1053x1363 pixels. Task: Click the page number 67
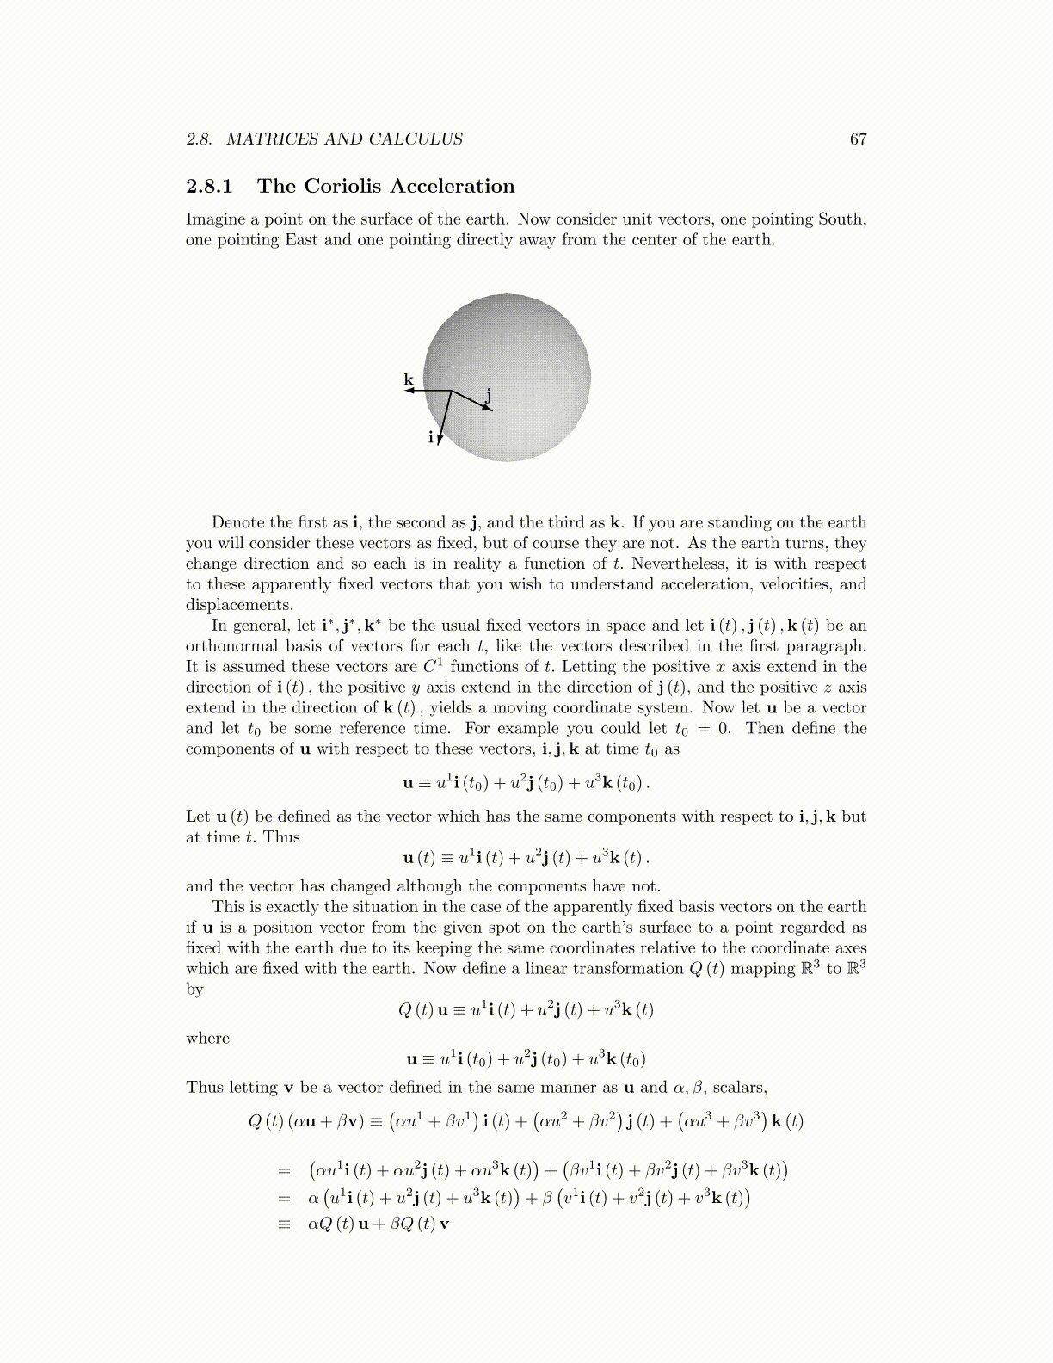858,139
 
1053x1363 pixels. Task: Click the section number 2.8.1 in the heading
209,187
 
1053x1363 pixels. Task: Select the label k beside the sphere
409,379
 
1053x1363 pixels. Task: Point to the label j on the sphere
488,395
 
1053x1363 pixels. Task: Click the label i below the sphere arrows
430,437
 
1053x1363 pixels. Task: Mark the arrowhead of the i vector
439,440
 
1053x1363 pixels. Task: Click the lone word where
207,1039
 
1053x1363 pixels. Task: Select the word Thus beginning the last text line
204,1088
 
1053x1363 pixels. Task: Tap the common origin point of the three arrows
452,391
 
